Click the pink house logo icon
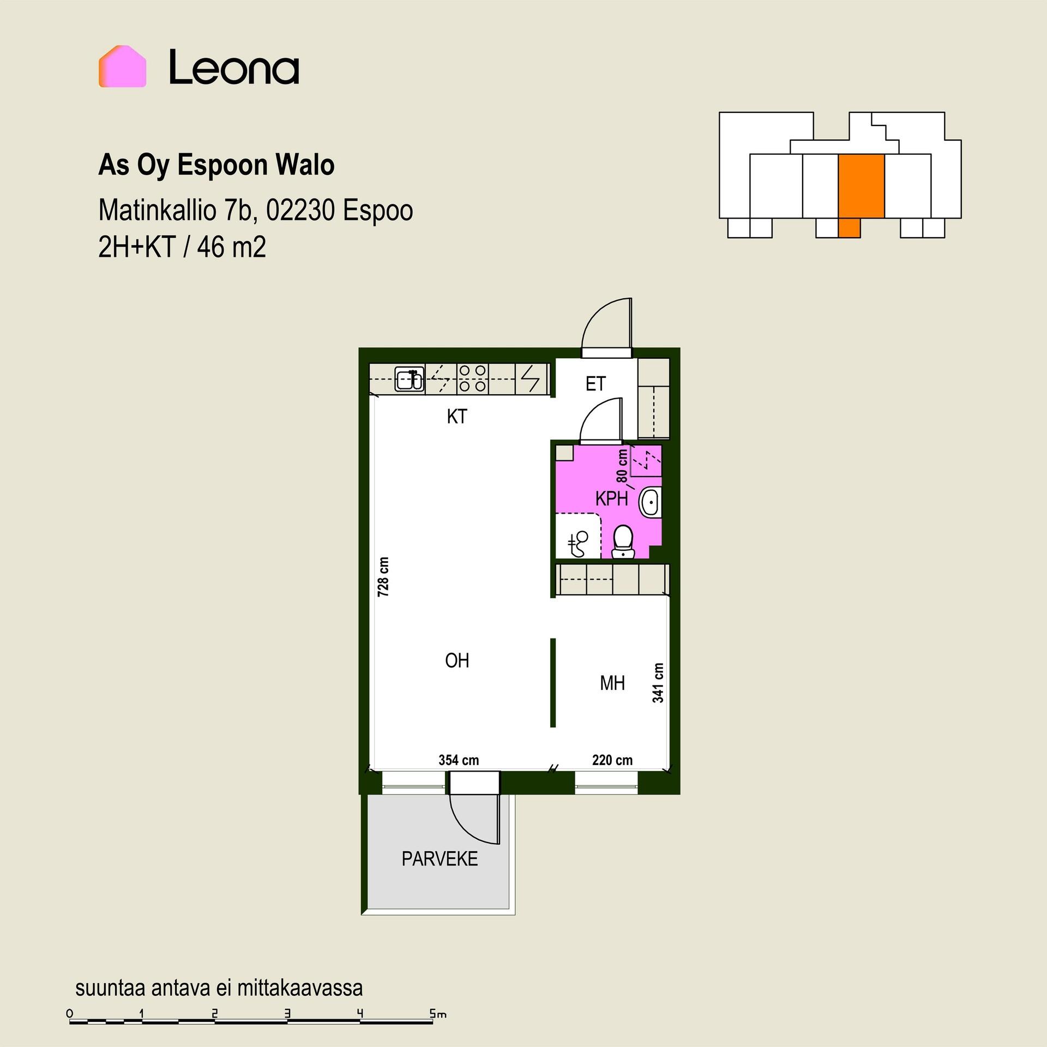point(122,67)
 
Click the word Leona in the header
point(234,67)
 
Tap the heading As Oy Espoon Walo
point(216,165)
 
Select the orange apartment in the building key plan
point(861,191)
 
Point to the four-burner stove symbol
point(472,378)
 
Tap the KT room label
point(457,417)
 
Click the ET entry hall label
point(595,384)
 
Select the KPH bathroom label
point(611,498)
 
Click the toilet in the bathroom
point(623,541)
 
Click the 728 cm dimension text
point(383,576)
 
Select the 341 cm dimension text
point(658,683)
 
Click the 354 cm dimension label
point(459,760)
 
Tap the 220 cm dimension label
point(612,760)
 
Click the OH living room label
point(457,661)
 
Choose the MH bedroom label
point(612,683)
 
